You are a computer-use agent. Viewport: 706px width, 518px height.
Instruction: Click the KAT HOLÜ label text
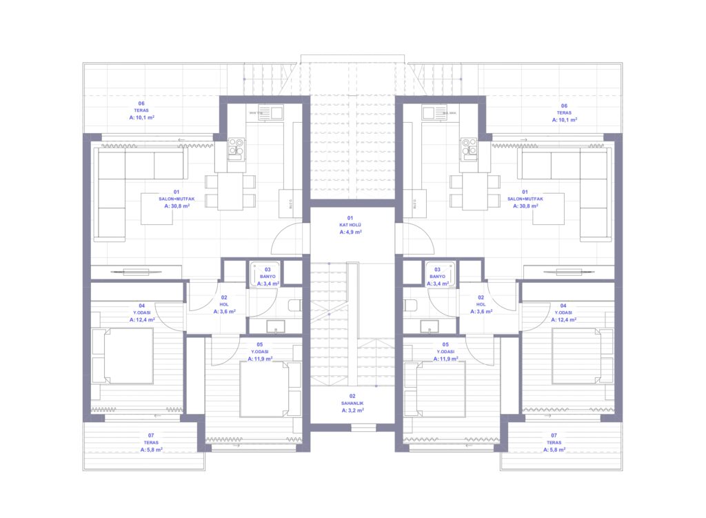pos(350,226)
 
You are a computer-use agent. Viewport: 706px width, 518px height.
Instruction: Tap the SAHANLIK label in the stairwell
pos(352,403)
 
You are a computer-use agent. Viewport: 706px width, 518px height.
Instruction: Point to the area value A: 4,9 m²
pos(350,232)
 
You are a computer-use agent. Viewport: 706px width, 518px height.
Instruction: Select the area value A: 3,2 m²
pos(352,410)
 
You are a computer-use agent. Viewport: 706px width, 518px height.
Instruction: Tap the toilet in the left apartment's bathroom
pos(294,306)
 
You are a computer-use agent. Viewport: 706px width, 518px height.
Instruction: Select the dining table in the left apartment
pos(230,190)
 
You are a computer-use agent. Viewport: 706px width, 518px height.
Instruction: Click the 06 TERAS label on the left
pos(141,111)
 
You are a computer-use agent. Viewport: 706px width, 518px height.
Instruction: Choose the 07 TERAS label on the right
pos(554,443)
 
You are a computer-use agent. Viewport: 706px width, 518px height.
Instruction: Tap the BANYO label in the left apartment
pos(268,277)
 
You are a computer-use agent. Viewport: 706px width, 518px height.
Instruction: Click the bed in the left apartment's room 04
pos(123,355)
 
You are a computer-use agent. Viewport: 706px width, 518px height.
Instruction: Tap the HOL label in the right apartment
pos(481,304)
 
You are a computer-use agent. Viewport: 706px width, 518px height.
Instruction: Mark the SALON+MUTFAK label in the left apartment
pos(176,199)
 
